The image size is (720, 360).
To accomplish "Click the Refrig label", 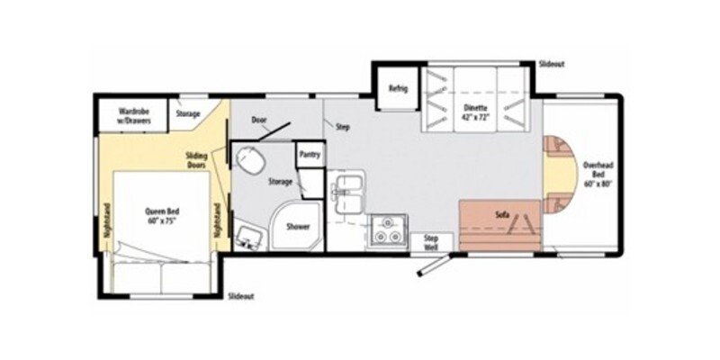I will click(x=398, y=88).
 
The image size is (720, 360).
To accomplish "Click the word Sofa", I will click(x=502, y=216).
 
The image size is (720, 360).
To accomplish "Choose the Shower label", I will click(x=298, y=226).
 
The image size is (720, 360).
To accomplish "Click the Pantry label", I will click(x=310, y=154).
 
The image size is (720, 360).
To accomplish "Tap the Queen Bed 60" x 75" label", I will click(x=161, y=217).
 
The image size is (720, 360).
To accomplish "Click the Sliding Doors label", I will click(x=197, y=159).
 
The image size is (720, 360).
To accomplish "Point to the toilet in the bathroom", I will click(x=249, y=163).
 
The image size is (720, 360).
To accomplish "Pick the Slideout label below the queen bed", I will click(x=240, y=295).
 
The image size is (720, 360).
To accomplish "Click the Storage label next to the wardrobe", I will click(x=187, y=114).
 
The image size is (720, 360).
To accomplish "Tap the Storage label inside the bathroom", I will click(x=280, y=182).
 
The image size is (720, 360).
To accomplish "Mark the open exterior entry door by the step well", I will click(x=433, y=266).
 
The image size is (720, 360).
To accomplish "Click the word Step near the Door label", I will click(x=342, y=127).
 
